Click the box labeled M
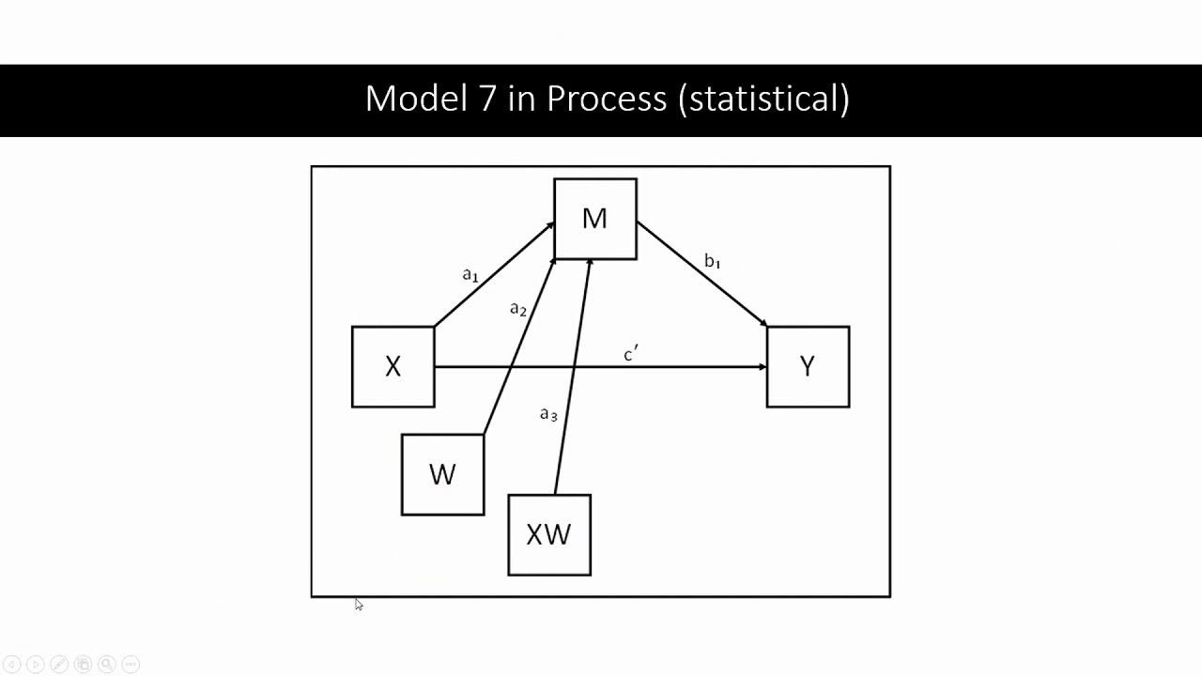[595, 219]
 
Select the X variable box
[393, 367]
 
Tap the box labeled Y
[808, 367]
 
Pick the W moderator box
[442, 474]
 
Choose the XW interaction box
[549, 534]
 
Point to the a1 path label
[470, 275]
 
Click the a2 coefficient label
[518, 309]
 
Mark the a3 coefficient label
[549, 414]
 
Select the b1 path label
[713, 261]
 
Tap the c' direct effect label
[631, 354]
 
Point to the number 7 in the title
[485, 99]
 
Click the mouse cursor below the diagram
[358, 605]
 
